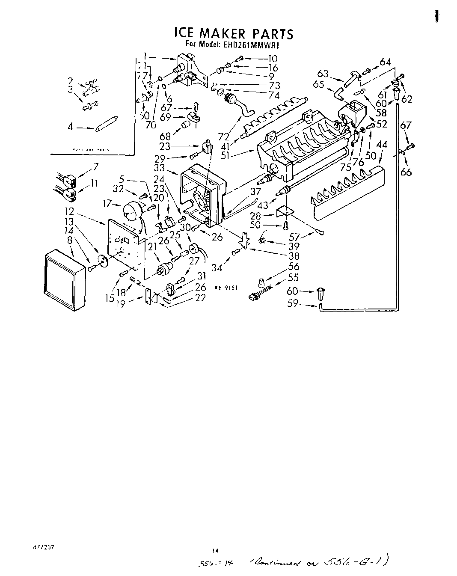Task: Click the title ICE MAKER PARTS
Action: pyautogui.click(x=233, y=33)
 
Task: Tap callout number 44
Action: pyautogui.click(x=381, y=145)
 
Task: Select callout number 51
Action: pyautogui.click(x=225, y=154)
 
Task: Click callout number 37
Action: pyautogui.click(x=255, y=192)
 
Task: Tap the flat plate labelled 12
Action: pyautogui.click(x=123, y=244)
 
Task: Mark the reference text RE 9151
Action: pyautogui.click(x=225, y=288)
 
